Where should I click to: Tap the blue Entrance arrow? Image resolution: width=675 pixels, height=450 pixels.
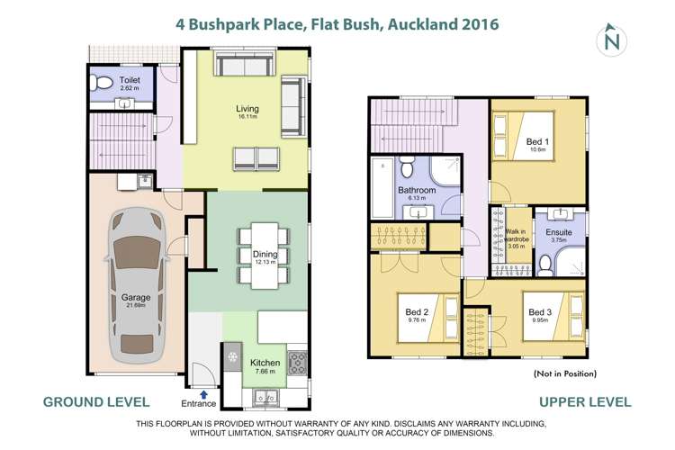[203, 393]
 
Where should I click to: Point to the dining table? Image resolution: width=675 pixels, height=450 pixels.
[264, 256]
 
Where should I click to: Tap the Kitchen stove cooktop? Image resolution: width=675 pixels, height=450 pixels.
[299, 362]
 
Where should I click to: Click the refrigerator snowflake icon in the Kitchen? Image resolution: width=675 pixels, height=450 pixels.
[233, 357]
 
